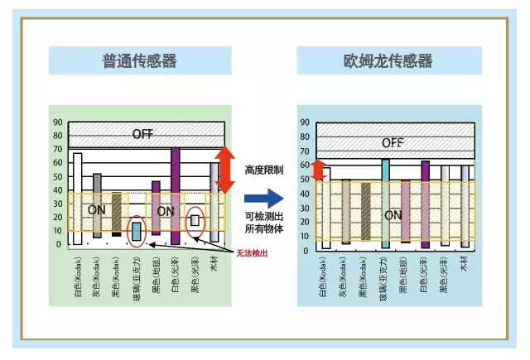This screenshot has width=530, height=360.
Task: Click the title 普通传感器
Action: (138, 60)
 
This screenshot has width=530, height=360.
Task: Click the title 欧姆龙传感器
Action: (388, 60)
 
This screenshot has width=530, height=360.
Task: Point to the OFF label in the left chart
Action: (142, 134)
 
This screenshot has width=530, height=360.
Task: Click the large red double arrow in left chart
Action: (224, 170)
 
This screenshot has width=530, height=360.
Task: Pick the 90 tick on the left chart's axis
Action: (57, 122)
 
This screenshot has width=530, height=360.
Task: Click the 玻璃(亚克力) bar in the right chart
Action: (385, 204)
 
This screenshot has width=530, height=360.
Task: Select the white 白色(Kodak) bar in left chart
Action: (78, 199)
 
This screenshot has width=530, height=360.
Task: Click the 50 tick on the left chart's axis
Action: (57, 176)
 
